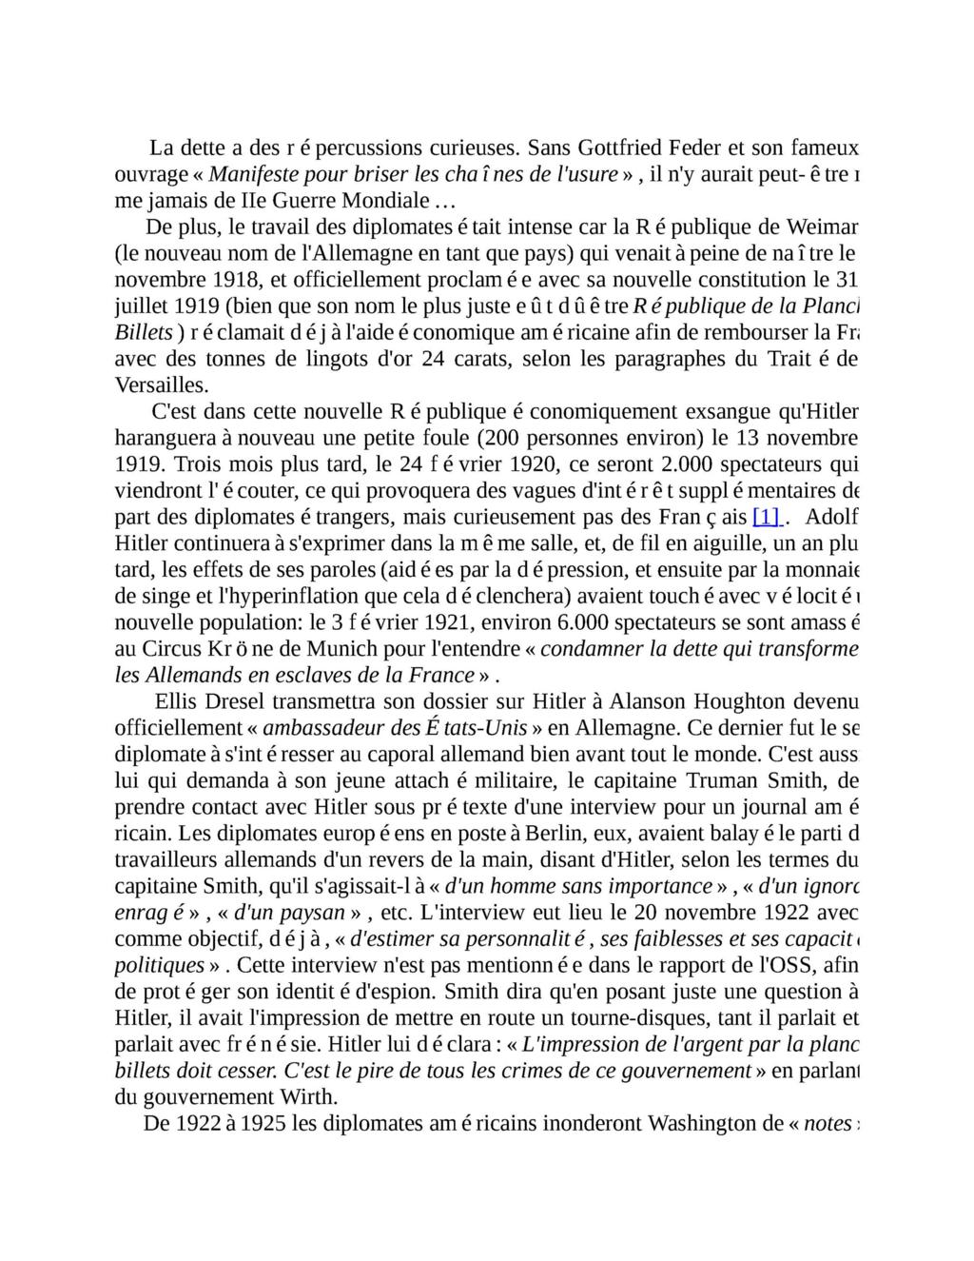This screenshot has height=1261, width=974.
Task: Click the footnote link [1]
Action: [767, 518]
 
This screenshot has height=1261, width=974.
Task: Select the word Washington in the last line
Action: [705, 1123]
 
